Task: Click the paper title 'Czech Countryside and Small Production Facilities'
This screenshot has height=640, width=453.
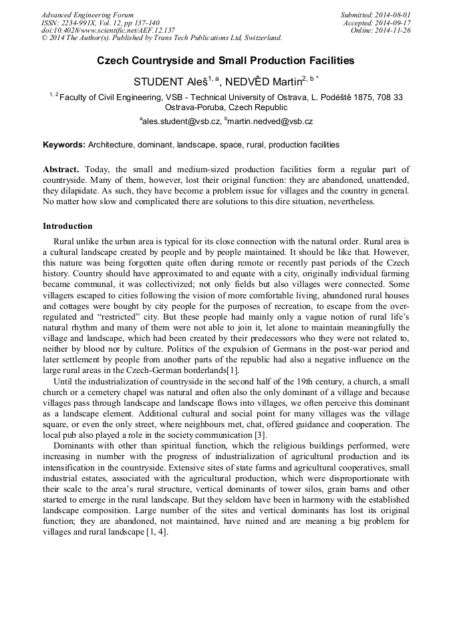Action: [x=226, y=61]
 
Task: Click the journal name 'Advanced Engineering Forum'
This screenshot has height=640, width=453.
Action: [x=88, y=15]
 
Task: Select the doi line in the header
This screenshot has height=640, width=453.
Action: [x=108, y=30]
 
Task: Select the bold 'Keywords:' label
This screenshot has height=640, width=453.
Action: [x=64, y=145]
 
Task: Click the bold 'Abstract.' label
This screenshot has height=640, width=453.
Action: [x=61, y=170]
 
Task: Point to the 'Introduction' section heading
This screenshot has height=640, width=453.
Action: [x=67, y=226]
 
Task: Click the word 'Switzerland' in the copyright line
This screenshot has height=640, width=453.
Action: [x=258, y=38]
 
